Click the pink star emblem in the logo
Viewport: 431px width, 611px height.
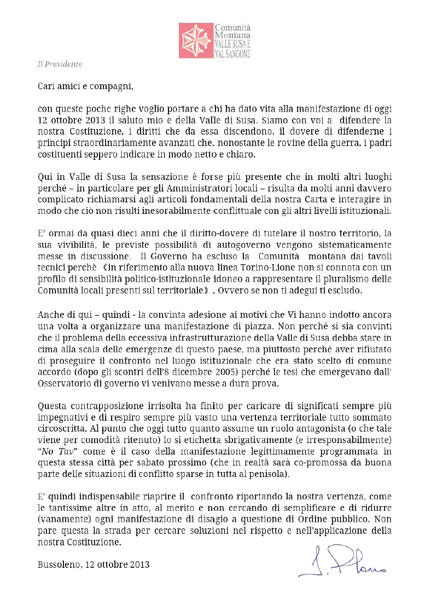point(196,41)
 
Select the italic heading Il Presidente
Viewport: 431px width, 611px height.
point(60,64)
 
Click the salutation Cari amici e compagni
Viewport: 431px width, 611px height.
point(85,86)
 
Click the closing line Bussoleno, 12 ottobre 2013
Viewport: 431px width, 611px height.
point(94,564)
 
